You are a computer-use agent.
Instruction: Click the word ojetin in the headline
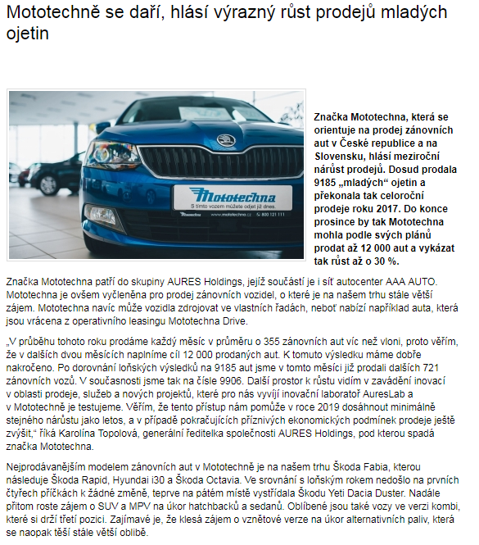[27, 34]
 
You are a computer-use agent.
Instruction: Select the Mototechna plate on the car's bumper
[222, 198]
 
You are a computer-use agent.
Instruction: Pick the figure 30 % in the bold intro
[385, 261]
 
